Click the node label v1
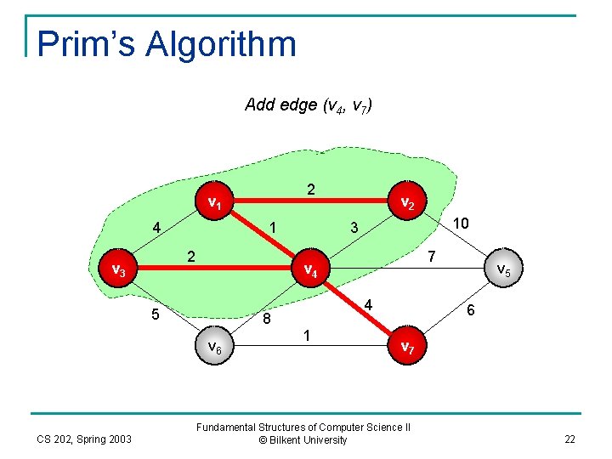click(x=215, y=204)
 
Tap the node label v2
click(x=407, y=203)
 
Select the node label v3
click(x=119, y=270)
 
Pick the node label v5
click(x=503, y=270)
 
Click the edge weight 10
click(x=461, y=223)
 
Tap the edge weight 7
click(x=431, y=256)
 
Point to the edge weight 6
click(x=471, y=312)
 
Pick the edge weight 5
click(x=155, y=314)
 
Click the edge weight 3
click(x=354, y=228)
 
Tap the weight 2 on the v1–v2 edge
click(x=311, y=190)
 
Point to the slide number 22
click(x=569, y=439)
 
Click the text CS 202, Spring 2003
click(x=83, y=439)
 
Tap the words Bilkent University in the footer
click(x=309, y=440)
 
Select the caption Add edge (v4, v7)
click(x=308, y=105)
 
